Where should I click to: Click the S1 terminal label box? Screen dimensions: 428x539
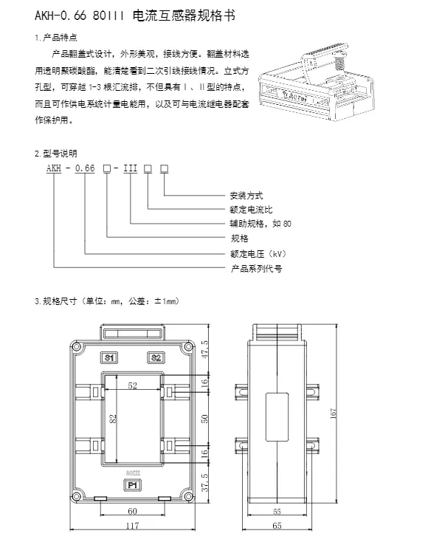point(109,357)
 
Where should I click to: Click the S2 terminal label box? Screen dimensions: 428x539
point(156,357)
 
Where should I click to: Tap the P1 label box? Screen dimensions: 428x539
point(133,485)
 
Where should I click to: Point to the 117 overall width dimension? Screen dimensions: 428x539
point(133,525)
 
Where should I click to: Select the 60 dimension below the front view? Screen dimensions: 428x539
point(133,511)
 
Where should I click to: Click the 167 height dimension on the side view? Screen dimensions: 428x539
point(334,413)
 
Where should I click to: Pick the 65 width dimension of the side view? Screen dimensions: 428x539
point(277,526)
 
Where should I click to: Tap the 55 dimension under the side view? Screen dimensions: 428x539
point(277,512)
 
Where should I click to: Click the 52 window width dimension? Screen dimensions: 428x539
point(133,385)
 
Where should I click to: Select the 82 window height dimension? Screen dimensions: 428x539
point(113,419)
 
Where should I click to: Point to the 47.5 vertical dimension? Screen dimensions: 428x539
point(204,349)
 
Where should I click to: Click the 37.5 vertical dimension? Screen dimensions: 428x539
point(204,482)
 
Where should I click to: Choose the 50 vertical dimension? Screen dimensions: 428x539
point(204,419)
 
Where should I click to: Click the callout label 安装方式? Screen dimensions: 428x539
point(246,196)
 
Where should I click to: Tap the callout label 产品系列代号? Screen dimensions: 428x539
point(256,269)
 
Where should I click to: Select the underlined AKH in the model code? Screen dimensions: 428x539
point(54,168)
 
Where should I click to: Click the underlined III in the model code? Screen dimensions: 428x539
point(131,168)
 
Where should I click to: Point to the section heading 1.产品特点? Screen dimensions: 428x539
point(56,38)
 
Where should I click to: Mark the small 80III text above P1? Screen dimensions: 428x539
point(133,473)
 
